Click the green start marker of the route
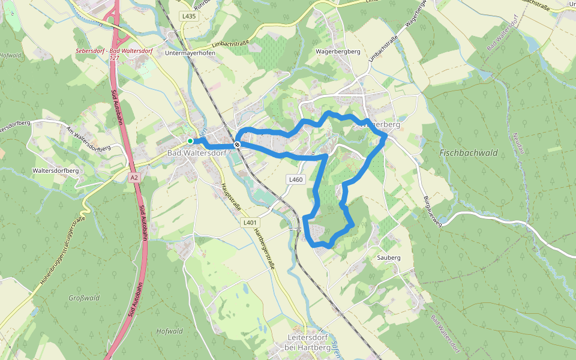pyautogui.click(x=190, y=141)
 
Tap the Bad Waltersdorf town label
pyautogui.click(x=196, y=154)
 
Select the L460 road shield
pyautogui.click(x=296, y=179)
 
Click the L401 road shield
pyautogui.click(x=250, y=223)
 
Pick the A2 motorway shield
pyautogui.click(x=134, y=178)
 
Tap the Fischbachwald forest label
pyautogui.click(x=469, y=153)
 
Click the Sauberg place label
pyautogui.click(x=388, y=258)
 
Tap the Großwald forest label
pyautogui.click(x=83, y=298)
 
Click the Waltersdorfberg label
pyautogui.click(x=56, y=171)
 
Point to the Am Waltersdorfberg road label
pyautogui.click(x=89, y=140)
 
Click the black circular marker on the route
pyautogui.click(x=238, y=145)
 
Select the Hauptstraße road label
pyautogui.click(x=231, y=196)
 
